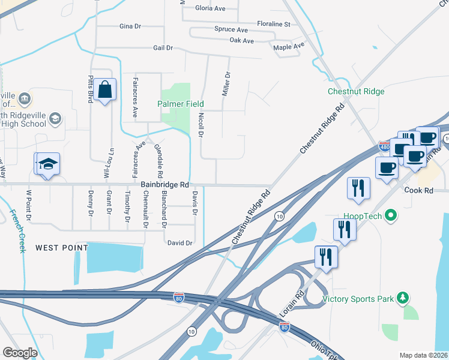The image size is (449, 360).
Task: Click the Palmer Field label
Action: point(181,104)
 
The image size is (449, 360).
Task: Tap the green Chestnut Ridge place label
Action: point(356,92)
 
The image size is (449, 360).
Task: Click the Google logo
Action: point(20,353)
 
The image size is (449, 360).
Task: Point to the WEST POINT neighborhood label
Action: point(61,247)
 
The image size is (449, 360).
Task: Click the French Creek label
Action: point(17,230)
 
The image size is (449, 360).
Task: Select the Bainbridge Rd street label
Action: point(165,185)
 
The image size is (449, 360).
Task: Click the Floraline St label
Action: point(274,25)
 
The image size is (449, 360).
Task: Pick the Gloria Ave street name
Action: point(210,8)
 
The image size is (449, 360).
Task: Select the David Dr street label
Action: point(179,243)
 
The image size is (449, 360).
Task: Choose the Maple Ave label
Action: point(289,46)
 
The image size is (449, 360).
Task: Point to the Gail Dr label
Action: point(163,47)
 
